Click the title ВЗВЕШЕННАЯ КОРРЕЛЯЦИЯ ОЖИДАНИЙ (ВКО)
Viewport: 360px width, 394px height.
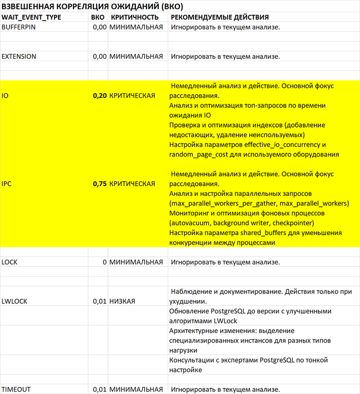93,7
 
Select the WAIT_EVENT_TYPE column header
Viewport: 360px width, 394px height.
31,17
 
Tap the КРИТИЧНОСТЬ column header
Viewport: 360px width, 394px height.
131,17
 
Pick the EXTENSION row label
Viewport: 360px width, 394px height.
19,56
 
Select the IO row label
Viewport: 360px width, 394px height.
5,96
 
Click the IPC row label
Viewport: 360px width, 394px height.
7,184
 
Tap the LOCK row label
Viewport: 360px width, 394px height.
10,262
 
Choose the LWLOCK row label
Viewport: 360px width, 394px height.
14,301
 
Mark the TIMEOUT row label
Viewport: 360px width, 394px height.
16,388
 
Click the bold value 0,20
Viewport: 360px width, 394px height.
99,96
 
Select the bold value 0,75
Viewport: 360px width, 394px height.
99,184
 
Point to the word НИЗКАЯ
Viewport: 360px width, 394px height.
122,301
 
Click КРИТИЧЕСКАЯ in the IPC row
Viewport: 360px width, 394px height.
132,184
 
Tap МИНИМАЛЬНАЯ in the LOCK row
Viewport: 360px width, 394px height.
136,262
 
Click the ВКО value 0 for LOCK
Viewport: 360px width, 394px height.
104,262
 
